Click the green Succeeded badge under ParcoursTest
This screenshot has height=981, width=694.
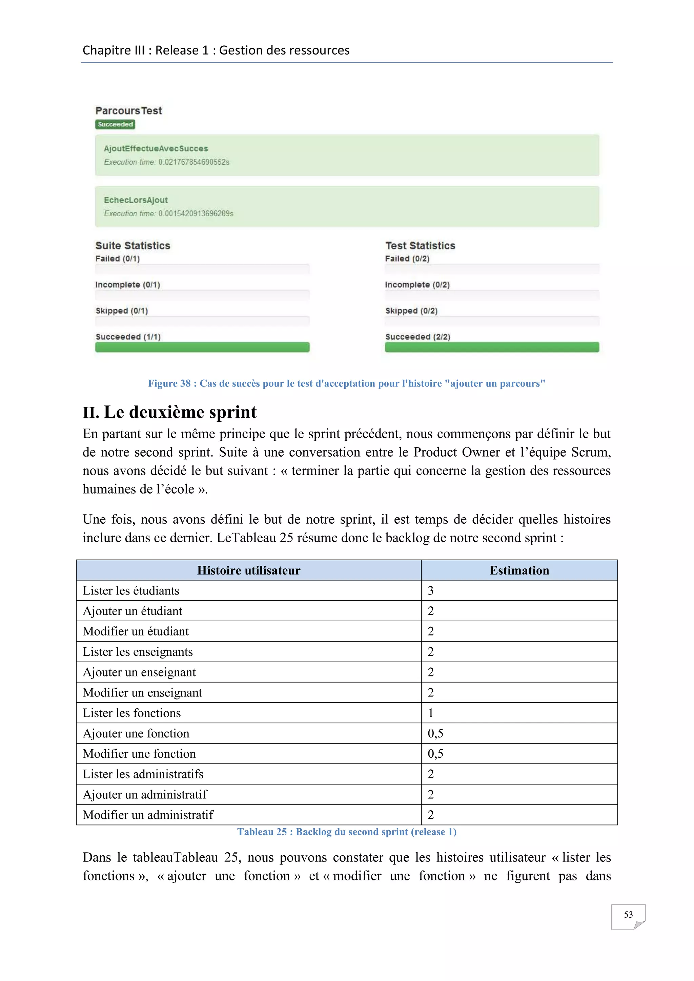click(115, 124)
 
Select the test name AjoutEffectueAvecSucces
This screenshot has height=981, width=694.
click(156, 149)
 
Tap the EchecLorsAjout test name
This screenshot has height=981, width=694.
click(136, 200)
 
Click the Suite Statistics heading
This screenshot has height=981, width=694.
click(132, 246)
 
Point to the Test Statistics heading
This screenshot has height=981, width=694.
click(420, 246)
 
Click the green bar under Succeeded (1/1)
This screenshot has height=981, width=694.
click(202, 347)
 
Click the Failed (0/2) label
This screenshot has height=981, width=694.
click(407, 258)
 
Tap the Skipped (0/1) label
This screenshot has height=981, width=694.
click(121, 311)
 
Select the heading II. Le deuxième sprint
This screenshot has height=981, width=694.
click(170, 412)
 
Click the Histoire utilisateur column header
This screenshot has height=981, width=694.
click(249, 570)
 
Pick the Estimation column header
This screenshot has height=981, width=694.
click(519, 570)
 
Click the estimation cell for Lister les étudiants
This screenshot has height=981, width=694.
click(431, 590)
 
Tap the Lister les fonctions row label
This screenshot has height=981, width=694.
click(131, 713)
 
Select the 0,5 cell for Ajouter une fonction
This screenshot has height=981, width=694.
click(435, 733)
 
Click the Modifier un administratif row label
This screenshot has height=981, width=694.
click(148, 815)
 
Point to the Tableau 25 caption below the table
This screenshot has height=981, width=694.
click(347, 832)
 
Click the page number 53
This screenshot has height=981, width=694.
click(628, 914)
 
